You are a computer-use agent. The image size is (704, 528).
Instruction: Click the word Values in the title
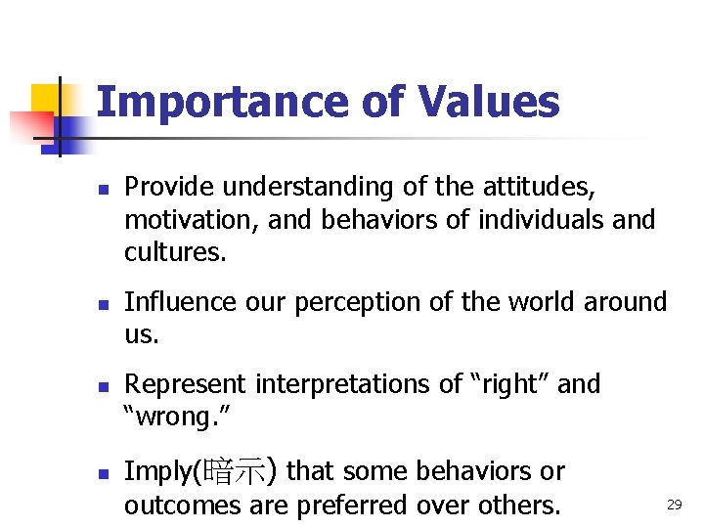click(488, 102)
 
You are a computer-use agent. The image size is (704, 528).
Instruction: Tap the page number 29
click(674, 505)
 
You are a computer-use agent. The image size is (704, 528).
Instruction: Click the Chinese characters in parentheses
click(240, 472)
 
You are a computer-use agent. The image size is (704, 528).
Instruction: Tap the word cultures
click(174, 251)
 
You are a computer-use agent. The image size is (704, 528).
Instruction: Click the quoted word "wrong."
click(175, 418)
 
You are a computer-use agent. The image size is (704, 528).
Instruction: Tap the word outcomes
click(175, 506)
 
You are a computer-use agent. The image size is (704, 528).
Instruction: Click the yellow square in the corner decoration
click(45, 99)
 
